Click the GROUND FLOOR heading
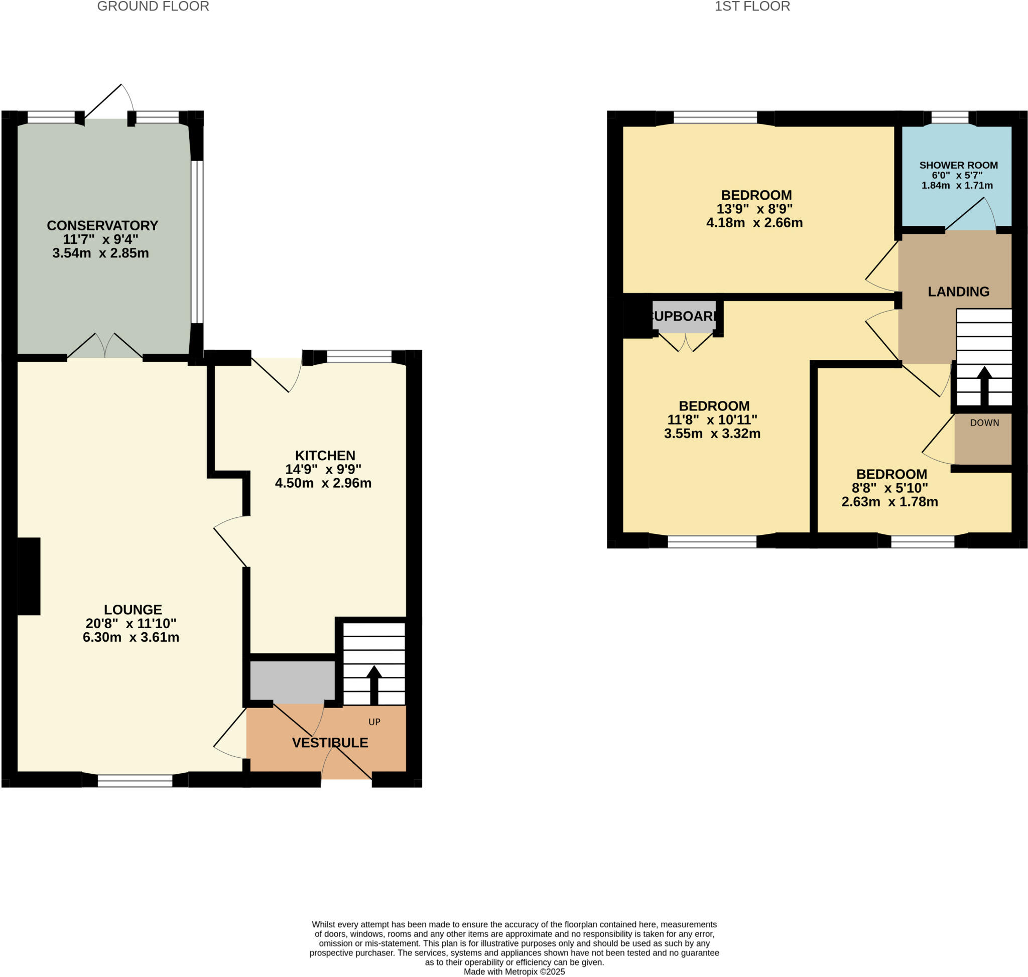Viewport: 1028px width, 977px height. coord(153,7)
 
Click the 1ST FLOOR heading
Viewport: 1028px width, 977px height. coord(752,7)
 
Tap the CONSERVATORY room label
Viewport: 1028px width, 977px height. coord(102,225)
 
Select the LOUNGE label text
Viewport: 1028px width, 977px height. coord(133,609)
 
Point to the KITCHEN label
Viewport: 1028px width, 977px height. coord(325,455)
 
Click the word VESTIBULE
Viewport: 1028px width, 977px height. coord(330,743)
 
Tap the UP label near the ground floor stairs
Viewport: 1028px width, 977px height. coord(374,722)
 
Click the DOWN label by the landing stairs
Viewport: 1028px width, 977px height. coord(984,423)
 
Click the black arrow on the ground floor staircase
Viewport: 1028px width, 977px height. coord(373,684)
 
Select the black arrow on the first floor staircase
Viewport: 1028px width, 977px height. coord(984,385)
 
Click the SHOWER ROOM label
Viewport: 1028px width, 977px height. coord(958,165)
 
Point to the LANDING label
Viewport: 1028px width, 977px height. coord(958,292)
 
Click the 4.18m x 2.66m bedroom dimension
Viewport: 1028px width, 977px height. coord(754,223)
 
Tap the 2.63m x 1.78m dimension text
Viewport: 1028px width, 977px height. coord(889,502)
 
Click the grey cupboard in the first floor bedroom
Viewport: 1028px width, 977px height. coord(684,317)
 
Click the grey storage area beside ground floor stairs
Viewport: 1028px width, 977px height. coord(292,680)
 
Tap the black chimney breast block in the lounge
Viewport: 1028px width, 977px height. coord(29,576)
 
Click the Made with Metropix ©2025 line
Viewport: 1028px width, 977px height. coord(513,972)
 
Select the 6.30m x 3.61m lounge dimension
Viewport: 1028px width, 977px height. coord(131,637)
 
